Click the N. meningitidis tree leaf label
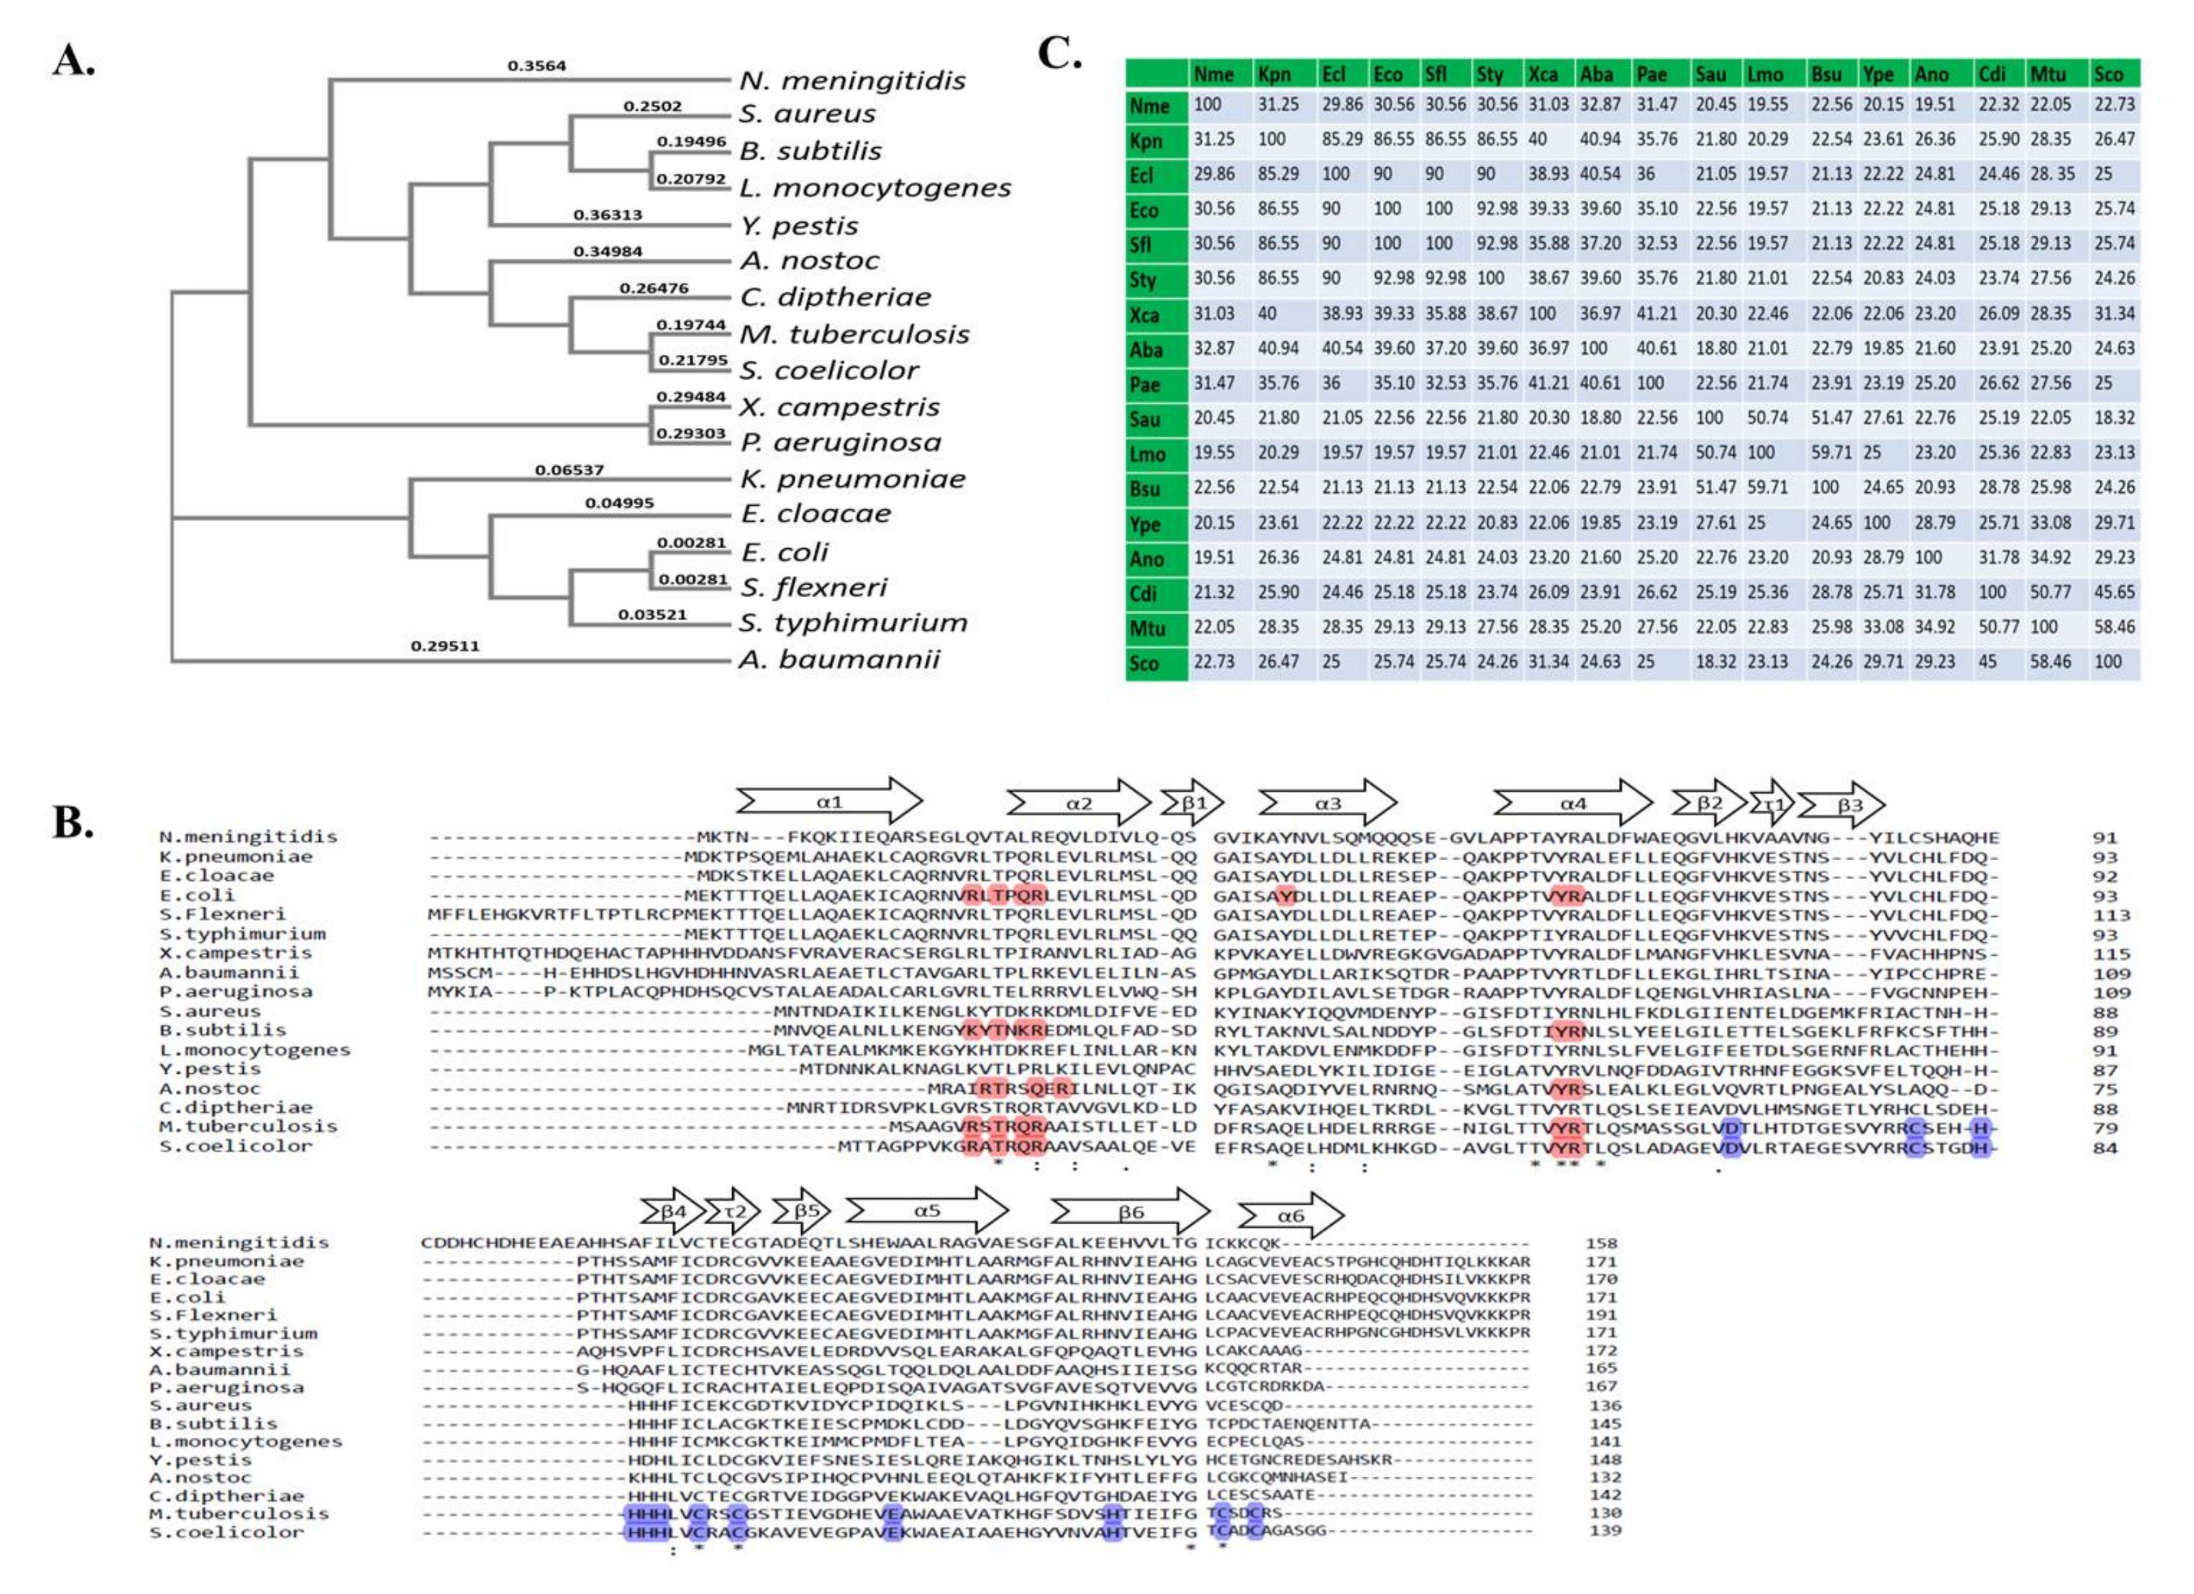click(x=852, y=80)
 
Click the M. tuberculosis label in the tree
click(x=854, y=335)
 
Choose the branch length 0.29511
click(x=444, y=645)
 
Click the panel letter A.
click(x=74, y=61)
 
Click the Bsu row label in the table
click(x=1145, y=488)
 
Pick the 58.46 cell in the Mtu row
click(x=2114, y=627)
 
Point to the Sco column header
click(x=2108, y=74)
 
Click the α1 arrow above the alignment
click(x=829, y=802)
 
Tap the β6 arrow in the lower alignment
click(x=1130, y=1212)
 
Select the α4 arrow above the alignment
click(x=1572, y=803)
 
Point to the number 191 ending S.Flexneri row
click(x=1601, y=1315)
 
